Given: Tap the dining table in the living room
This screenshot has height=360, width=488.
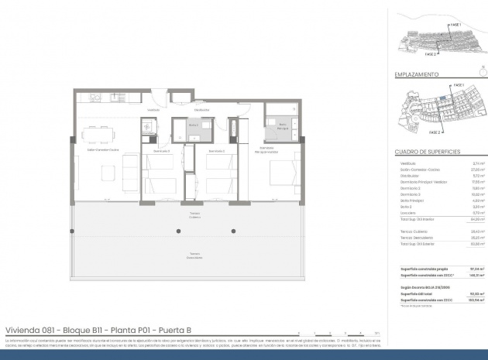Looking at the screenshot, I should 96,135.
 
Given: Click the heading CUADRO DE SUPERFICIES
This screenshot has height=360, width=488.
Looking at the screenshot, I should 428,152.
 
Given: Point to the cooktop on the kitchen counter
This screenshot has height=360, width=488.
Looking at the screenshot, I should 115,98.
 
